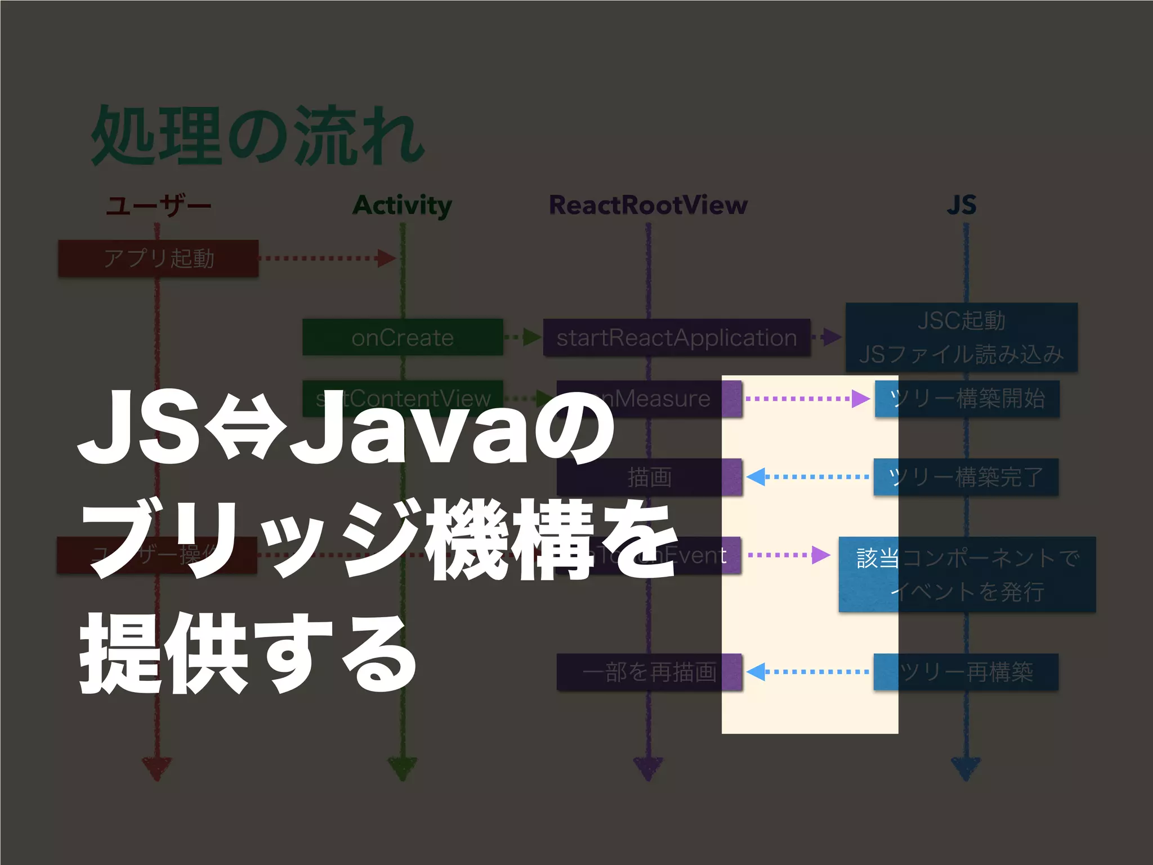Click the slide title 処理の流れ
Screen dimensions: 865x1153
tap(258, 137)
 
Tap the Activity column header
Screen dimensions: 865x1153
tap(402, 205)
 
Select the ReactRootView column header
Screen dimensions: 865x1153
tap(648, 205)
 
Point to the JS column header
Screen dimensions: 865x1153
tap(962, 205)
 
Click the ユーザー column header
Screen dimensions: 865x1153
tap(158, 205)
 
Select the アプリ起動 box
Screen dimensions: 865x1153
tap(158, 258)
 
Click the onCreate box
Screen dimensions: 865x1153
tap(402, 337)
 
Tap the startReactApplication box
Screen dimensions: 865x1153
tap(676, 337)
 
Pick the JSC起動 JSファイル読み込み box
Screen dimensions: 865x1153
tap(961, 337)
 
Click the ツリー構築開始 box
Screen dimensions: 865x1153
tap(967, 399)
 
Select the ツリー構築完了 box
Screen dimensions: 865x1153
tap(966, 477)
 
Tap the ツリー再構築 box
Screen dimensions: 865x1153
tap(966, 672)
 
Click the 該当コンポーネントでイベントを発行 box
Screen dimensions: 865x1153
tap(967, 574)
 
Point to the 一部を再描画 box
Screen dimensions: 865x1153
tap(649, 672)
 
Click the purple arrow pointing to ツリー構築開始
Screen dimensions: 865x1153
tap(807, 399)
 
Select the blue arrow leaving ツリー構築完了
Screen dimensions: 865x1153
tap(807, 477)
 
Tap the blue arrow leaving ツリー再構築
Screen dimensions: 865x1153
tap(807, 672)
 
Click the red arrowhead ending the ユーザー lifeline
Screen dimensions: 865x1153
tap(157, 769)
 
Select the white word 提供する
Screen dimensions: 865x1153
tap(248, 653)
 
